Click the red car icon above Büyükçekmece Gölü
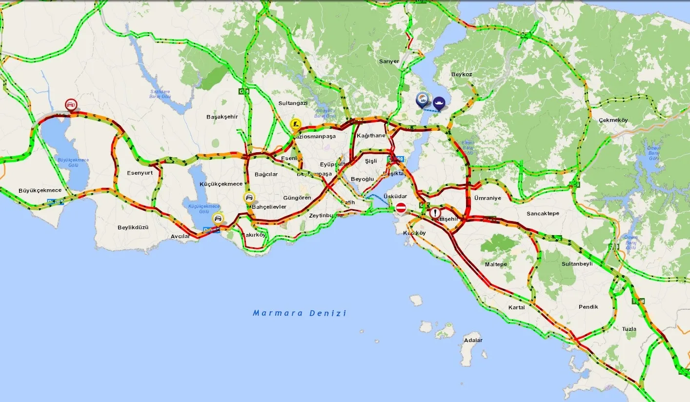(x=71, y=104)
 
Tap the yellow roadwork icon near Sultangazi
(x=295, y=124)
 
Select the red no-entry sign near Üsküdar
(x=401, y=208)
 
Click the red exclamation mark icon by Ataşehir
(x=435, y=213)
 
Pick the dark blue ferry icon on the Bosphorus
(x=439, y=103)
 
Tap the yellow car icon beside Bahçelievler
(x=249, y=198)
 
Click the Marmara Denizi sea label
(x=299, y=313)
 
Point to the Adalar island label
(x=473, y=340)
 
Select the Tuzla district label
(x=629, y=329)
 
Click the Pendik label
(x=588, y=307)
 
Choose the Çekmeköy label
(x=613, y=120)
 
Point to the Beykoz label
(x=462, y=74)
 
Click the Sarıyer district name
(x=389, y=61)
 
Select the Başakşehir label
(x=222, y=117)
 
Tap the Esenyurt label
(x=140, y=173)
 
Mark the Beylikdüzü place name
(x=133, y=227)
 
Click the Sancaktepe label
(x=543, y=214)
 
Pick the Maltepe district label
(x=496, y=264)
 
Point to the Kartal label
(x=516, y=307)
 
